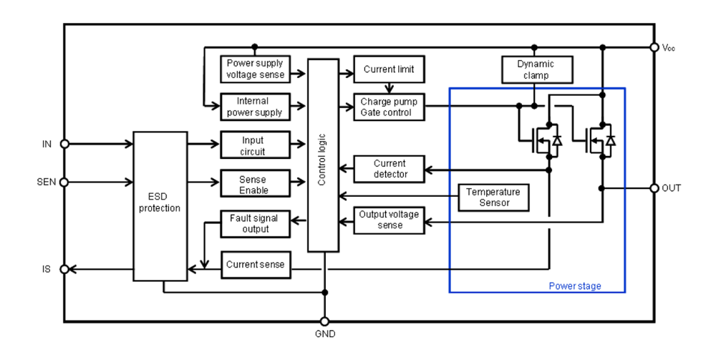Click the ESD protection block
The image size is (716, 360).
[160, 206]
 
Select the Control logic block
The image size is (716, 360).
[324, 155]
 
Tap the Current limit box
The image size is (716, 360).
[389, 69]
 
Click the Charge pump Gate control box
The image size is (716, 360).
[389, 107]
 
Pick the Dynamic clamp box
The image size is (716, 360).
[537, 69]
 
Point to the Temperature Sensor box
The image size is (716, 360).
[493, 198]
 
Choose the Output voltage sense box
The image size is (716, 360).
[389, 220]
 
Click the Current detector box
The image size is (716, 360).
[389, 169]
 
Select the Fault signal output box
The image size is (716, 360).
[256, 223]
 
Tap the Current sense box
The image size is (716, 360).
[256, 265]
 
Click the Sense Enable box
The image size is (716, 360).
[256, 183]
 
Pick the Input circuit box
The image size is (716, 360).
[256, 145]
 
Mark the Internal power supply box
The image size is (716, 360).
[256, 107]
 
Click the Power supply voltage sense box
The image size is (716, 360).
[256, 69]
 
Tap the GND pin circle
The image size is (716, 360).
[324, 321]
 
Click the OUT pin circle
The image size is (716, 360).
[654, 188]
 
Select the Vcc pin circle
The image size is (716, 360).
[654, 47]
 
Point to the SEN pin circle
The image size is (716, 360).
[64, 183]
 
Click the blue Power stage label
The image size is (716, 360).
[575, 286]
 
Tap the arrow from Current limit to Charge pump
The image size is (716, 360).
[389, 88]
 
